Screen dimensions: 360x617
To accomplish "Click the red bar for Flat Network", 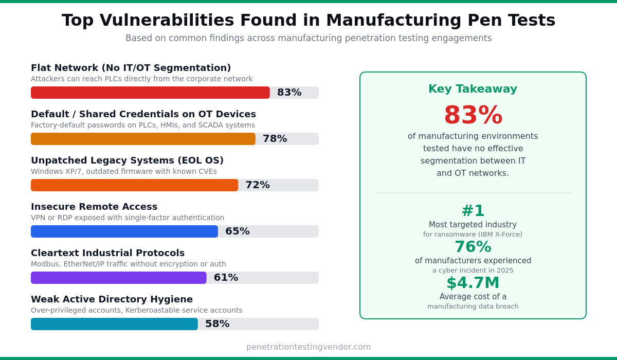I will [x=150, y=93].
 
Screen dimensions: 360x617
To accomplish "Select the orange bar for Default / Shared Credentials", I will [x=143, y=139].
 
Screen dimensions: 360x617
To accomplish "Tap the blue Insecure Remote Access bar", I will [x=124, y=231].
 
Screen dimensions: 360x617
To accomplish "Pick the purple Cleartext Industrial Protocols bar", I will [x=118, y=278].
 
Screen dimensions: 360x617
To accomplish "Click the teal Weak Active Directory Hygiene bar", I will [x=114, y=324].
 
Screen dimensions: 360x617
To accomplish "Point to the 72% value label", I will [x=257, y=185].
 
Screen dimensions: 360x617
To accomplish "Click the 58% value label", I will [x=217, y=324].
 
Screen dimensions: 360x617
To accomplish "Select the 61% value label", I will [x=226, y=278].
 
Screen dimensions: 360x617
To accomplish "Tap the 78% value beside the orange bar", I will [x=275, y=139].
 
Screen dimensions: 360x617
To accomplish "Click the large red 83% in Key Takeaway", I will [x=473, y=116].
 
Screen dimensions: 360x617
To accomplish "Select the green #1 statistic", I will [x=473, y=211].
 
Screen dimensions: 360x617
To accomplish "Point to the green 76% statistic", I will [x=473, y=247].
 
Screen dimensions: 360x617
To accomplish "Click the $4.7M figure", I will [x=473, y=283].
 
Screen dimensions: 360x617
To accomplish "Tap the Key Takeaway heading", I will [x=473, y=89].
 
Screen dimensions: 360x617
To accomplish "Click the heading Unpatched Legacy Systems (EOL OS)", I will [x=127, y=160].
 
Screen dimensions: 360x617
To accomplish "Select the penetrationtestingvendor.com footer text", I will [x=308, y=347].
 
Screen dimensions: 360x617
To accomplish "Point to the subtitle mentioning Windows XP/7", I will [x=123, y=172].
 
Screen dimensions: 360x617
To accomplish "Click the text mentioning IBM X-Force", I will [x=473, y=235].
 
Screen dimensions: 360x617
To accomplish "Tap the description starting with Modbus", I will [x=128, y=264].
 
